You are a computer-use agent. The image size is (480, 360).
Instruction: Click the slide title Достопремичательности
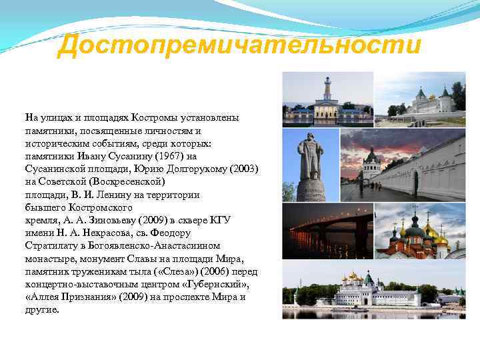tap(239, 46)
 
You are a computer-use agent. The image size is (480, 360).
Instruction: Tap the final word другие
tap(42, 310)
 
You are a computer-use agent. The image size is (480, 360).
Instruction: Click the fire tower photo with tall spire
tap(327, 99)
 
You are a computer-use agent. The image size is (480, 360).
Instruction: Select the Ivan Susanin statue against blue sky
tap(310, 164)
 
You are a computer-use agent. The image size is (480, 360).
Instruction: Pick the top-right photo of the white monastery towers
tap(419, 99)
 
